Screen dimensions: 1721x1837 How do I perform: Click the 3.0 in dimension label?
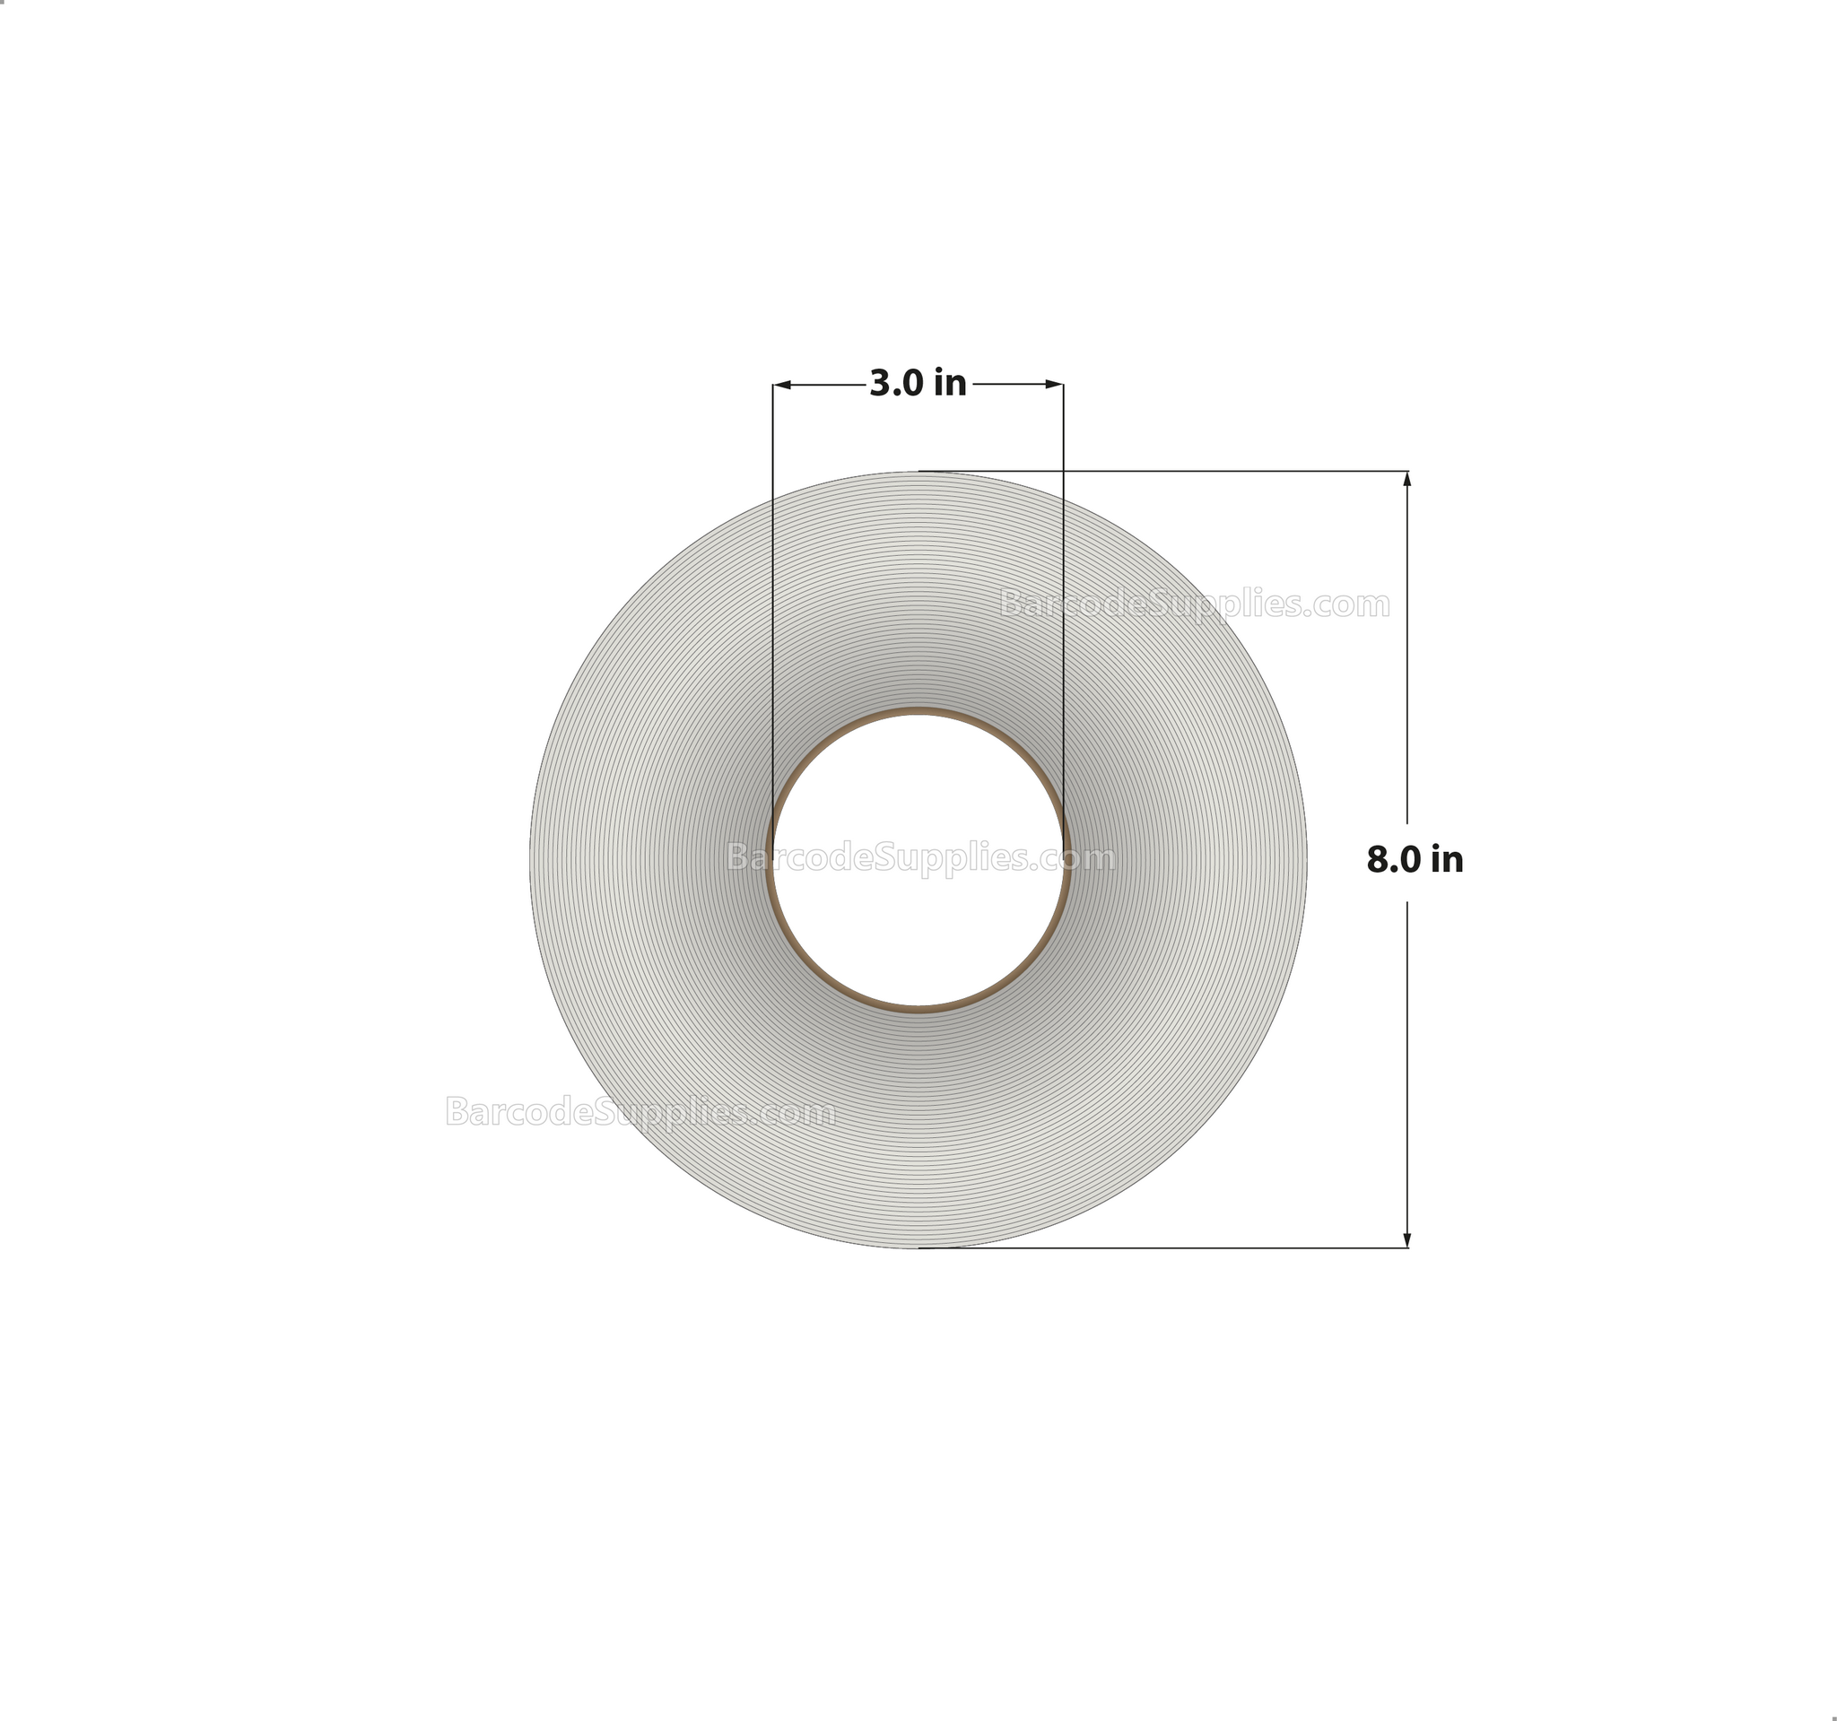918,383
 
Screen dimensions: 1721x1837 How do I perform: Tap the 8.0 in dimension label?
1415,860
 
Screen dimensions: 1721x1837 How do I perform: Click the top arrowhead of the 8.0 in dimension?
1407,479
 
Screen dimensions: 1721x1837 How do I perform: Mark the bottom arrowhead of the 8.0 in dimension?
1407,1240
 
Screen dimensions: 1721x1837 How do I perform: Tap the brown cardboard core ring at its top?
918,711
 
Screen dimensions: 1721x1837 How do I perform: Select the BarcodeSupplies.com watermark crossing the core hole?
921,858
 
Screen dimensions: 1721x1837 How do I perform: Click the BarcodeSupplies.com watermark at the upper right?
1195,604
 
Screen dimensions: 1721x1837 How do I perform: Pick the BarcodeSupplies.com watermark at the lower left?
640,1112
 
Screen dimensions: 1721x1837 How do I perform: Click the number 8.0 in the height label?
1395,860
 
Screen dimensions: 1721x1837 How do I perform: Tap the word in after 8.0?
1446,860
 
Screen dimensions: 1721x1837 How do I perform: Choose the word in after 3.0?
950,383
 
